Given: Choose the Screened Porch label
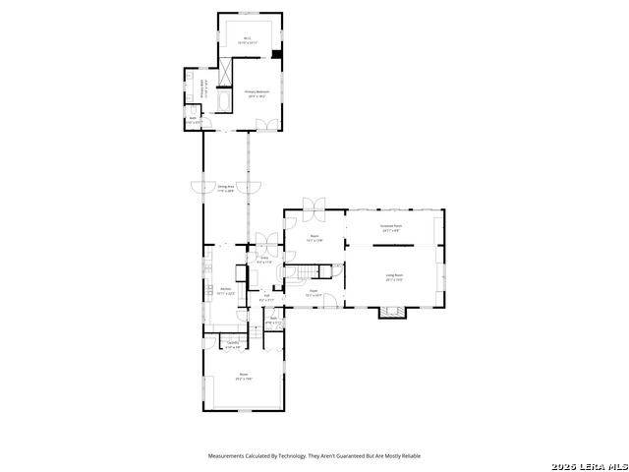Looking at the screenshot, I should coord(391,227).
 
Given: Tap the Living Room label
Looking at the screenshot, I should coord(394,276).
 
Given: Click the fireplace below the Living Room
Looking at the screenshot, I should coord(391,313).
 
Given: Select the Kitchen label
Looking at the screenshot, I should coord(225,290).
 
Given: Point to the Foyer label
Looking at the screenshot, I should coord(314,292).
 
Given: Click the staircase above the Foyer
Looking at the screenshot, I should coord(310,272).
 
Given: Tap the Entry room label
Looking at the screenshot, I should coord(263,261).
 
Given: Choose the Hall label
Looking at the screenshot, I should coord(266,296).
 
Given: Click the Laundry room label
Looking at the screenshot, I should coord(232,345).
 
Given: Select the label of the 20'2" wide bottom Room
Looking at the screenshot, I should coord(243,376).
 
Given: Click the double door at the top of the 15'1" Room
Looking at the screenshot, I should coord(315,206).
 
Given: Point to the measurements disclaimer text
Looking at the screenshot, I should coord(314,455).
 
